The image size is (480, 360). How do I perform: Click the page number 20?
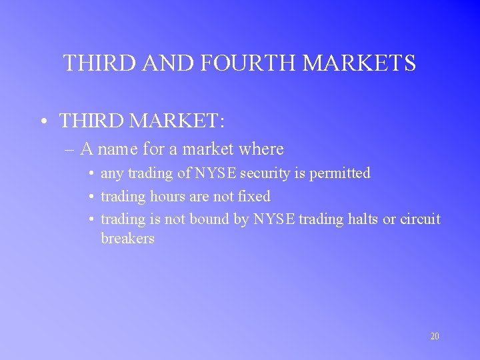(435, 337)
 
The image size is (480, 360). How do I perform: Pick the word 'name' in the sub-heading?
(118, 149)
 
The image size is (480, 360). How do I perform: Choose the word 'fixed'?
(254, 197)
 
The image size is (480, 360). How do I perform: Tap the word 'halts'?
(360, 219)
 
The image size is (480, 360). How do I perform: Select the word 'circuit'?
(420, 219)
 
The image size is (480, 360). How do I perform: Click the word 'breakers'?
(127, 238)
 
